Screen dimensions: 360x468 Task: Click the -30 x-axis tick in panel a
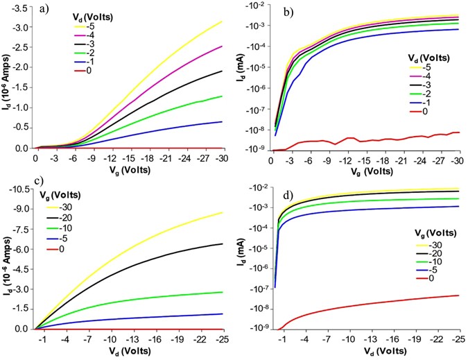[x=222, y=159]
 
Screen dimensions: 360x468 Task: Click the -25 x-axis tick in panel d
[x=458, y=341]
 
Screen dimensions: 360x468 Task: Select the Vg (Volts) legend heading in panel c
[x=70, y=196]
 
